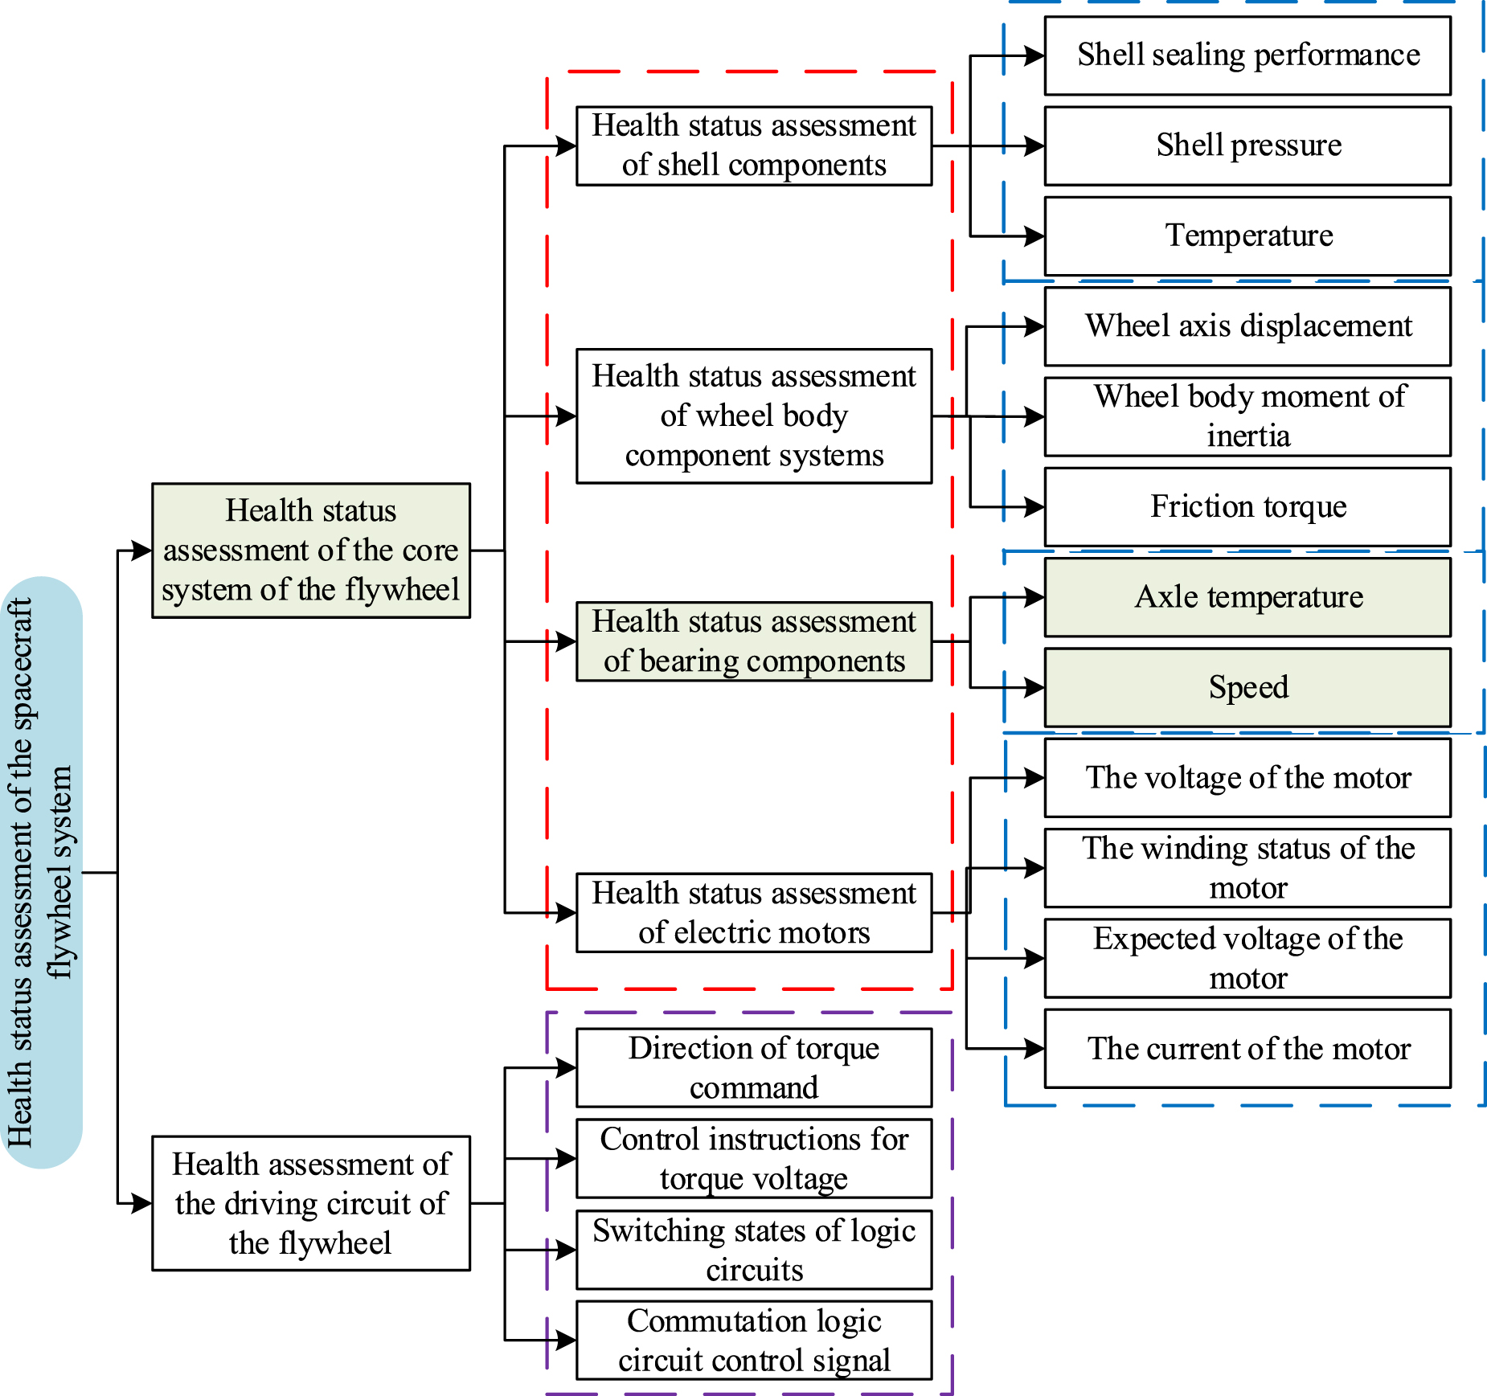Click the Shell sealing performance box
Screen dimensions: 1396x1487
pyautogui.click(x=1247, y=55)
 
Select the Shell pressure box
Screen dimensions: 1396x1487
pyautogui.click(x=1247, y=145)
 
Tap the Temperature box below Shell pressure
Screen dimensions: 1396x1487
pyautogui.click(x=1247, y=235)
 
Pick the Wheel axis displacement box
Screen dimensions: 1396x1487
pyautogui.click(x=1247, y=326)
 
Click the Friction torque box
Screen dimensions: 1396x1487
pyautogui.click(x=1247, y=507)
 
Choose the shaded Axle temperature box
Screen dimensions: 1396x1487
pyautogui.click(x=1247, y=597)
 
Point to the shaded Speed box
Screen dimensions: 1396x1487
pyautogui.click(x=1247, y=688)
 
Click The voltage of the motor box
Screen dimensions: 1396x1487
pyautogui.click(x=1247, y=778)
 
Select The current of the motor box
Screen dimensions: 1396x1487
pyautogui.click(x=1247, y=1049)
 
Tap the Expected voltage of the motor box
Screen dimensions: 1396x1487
pyautogui.click(x=1247, y=958)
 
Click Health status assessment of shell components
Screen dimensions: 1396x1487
pyautogui.click(x=754, y=145)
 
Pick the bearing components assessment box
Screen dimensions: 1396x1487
pyautogui.click(x=754, y=641)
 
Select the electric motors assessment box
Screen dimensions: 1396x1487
pyautogui.click(x=754, y=913)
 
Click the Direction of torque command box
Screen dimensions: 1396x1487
pyautogui.click(x=754, y=1068)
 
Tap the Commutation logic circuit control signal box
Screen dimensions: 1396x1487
pyautogui.click(x=754, y=1340)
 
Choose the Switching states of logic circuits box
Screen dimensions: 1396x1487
pyautogui.click(x=754, y=1250)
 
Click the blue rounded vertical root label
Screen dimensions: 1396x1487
pyautogui.click(x=42, y=872)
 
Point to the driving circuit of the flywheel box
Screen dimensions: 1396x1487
pyautogui.click(x=311, y=1203)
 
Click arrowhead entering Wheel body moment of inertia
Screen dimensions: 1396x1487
pyautogui.click(x=1034, y=417)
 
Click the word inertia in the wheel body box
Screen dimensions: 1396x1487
pyautogui.click(x=1247, y=436)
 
